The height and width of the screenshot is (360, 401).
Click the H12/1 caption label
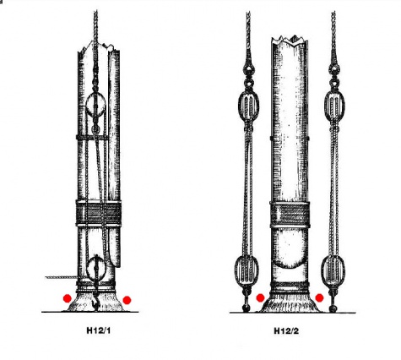[x=99, y=330]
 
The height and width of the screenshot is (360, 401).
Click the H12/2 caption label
[x=286, y=330]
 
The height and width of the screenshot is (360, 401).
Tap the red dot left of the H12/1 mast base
[x=68, y=298]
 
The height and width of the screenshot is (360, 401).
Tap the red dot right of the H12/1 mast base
[x=127, y=300]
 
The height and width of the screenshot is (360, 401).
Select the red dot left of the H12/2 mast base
[x=261, y=297]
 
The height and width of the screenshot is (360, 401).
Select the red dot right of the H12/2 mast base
[x=319, y=297]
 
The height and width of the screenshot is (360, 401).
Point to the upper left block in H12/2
[x=248, y=104]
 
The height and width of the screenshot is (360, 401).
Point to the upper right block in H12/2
[x=334, y=104]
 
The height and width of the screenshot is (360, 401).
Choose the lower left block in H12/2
[x=247, y=270]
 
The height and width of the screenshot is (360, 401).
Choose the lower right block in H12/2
[x=333, y=270]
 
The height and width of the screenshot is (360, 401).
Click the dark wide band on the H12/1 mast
[x=99, y=213]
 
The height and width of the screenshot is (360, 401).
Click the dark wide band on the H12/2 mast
[x=290, y=215]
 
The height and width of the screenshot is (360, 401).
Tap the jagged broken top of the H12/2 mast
[x=290, y=40]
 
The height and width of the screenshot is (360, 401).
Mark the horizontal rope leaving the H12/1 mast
[x=61, y=277]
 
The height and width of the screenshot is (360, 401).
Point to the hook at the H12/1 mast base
[x=95, y=302]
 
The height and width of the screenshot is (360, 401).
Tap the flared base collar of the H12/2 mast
[x=290, y=303]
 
